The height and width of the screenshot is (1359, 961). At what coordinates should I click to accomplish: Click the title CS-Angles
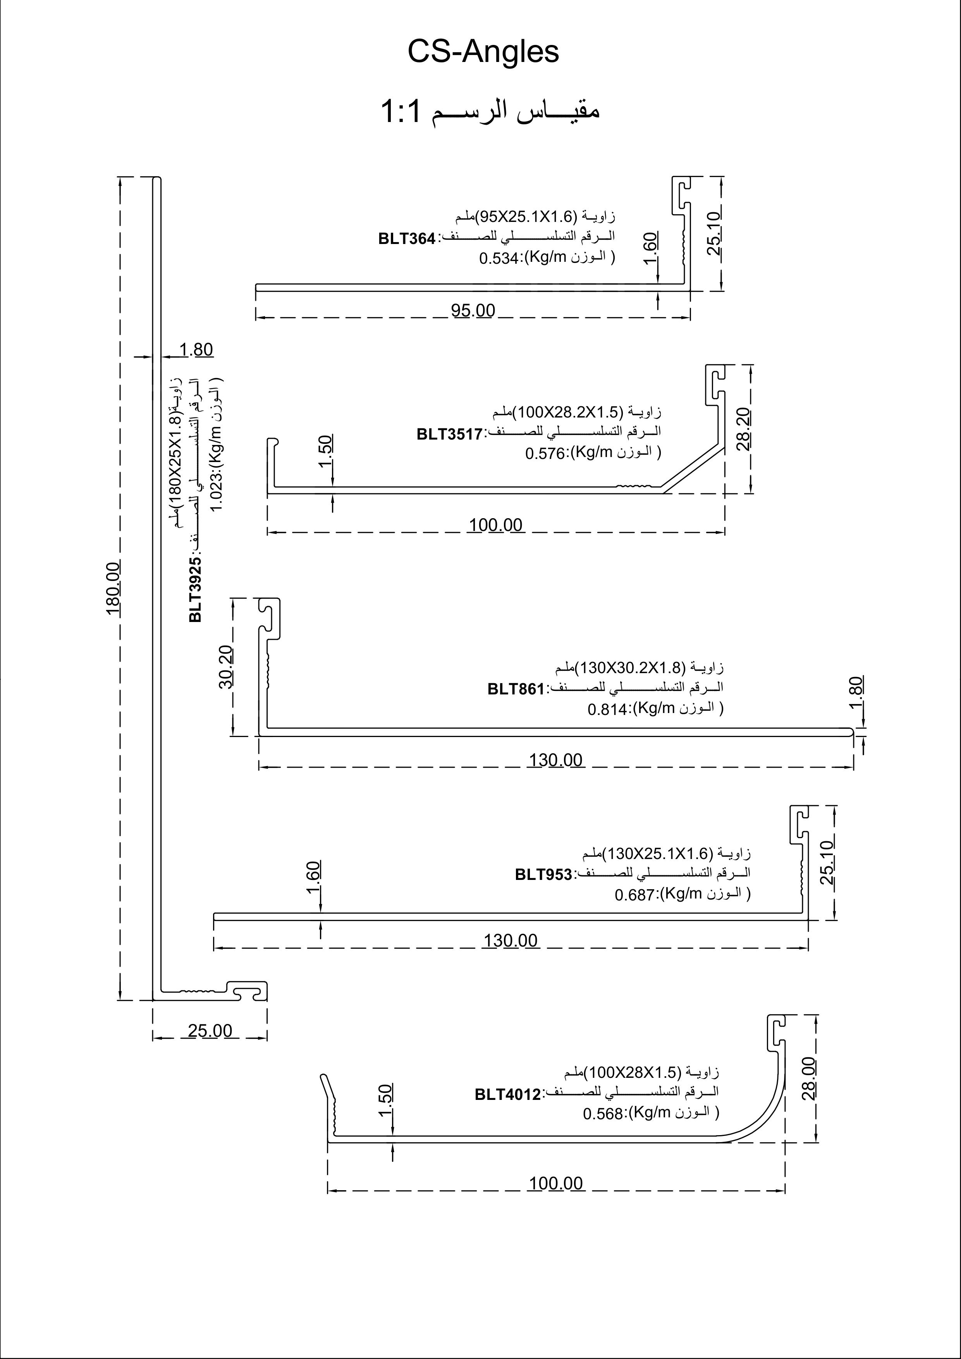(483, 52)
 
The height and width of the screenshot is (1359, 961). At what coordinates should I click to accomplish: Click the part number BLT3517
(449, 435)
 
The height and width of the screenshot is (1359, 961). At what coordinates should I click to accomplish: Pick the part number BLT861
(515, 689)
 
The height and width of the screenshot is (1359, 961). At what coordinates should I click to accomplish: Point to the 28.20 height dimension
(744, 429)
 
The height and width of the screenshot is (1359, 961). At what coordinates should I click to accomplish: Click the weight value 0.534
(499, 259)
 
